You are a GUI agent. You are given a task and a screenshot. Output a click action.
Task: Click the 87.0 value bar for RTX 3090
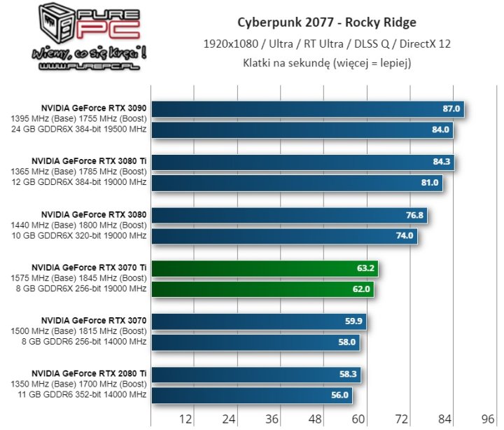coord(308,109)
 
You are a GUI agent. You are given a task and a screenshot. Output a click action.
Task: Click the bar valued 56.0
coord(252,395)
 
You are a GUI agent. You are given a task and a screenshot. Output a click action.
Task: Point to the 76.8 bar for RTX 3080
coord(289,216)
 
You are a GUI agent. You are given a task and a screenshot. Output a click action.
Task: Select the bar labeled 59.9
coord(259,322)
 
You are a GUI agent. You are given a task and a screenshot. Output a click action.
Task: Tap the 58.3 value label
coord(348,375)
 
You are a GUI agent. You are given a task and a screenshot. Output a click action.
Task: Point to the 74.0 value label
coord(405,236)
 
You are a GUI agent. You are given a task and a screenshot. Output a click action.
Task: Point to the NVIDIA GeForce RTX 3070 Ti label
coord(89,268)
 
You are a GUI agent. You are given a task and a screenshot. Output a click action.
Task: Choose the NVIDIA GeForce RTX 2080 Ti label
coord(89,373)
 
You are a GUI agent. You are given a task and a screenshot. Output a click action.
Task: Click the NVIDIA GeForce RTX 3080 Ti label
coord(89,162)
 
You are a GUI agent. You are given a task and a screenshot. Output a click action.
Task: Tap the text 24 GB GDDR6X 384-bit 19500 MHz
coord(78,130)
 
